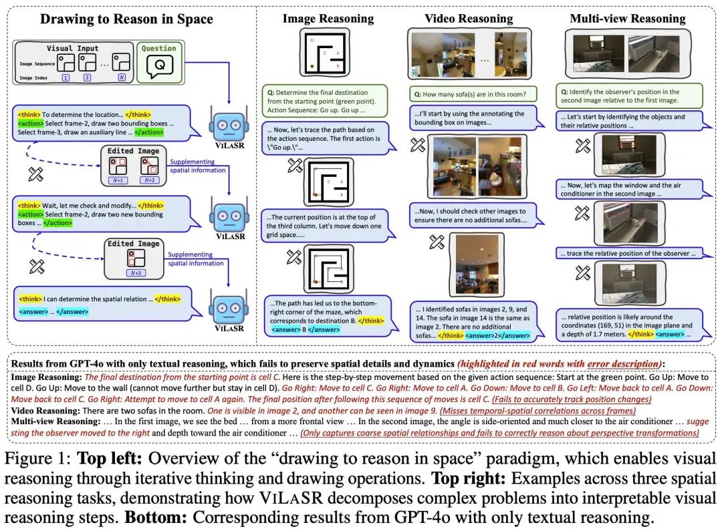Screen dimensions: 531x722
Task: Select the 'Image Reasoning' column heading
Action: tap(327, 18)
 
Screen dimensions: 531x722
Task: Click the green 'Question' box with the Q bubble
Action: tap(160, 63)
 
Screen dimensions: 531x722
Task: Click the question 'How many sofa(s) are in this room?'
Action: tap(472, 94)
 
